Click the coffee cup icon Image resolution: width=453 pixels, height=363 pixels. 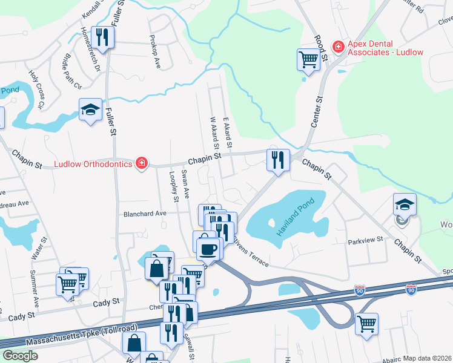208,248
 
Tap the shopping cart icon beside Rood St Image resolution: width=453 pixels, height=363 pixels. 308,60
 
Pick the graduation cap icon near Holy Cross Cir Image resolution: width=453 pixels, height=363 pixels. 90,110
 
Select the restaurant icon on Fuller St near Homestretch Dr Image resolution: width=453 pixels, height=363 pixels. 102,38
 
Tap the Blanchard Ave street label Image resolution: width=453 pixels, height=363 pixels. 144,214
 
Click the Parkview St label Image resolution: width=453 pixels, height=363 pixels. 366,240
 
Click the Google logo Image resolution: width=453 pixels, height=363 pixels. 20,356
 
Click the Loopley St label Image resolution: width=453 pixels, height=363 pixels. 174,186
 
